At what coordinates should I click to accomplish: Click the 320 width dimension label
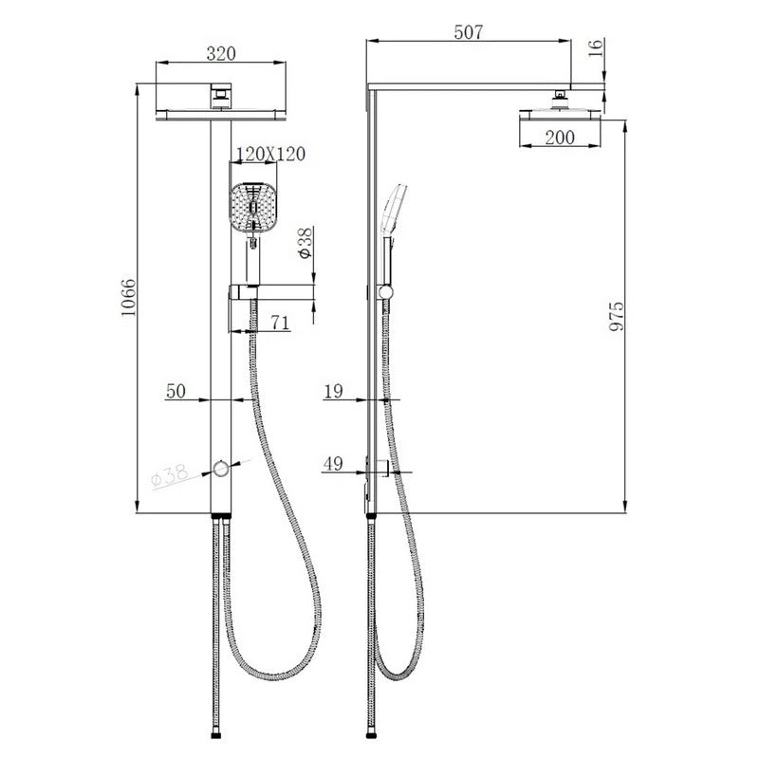221,53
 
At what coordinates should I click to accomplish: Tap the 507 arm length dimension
468,32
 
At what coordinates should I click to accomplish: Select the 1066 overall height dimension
129,298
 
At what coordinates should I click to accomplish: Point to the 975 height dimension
616,317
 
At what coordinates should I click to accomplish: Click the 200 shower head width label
560,138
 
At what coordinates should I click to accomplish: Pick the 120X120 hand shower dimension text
270,154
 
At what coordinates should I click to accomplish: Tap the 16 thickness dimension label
597,47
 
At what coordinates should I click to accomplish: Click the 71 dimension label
280,322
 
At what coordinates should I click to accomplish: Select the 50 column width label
176,391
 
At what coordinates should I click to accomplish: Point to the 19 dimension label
334,391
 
